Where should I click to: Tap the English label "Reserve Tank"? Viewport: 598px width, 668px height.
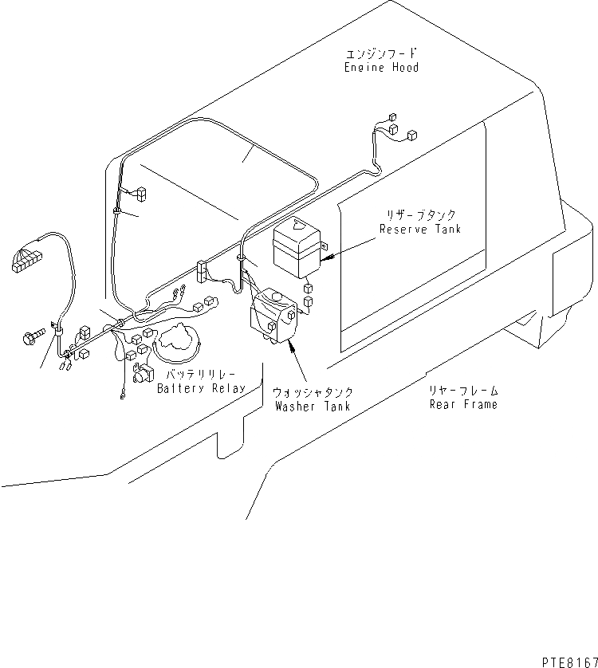(419, 230)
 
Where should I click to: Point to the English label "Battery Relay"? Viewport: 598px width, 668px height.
(201, 388)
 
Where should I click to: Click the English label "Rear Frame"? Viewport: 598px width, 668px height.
(463, 404)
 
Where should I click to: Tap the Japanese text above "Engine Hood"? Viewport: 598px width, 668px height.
(381, 54)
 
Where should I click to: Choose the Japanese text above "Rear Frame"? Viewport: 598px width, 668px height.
(463, 391)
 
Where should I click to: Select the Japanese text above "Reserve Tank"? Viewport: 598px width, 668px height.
(419, 216)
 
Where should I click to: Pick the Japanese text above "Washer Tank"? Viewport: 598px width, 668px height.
(313, 393)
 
